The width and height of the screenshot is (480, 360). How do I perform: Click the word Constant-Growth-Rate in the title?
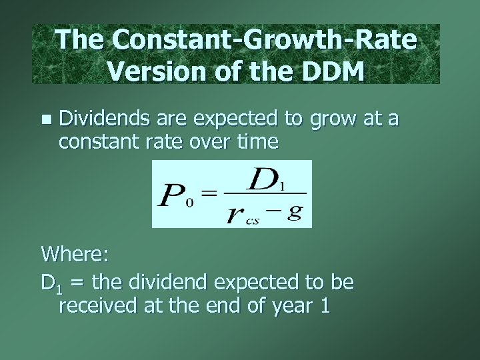(265, 40)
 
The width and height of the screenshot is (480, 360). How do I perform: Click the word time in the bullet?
(256, 141)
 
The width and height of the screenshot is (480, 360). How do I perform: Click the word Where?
(75, 254)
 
